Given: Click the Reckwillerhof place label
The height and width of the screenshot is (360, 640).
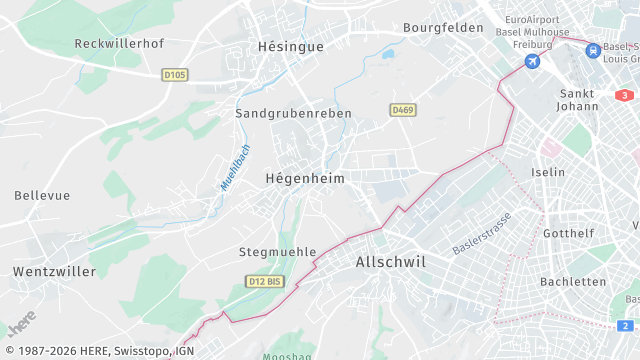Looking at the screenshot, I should point(119,44).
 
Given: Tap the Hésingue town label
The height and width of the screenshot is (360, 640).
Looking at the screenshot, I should point(290,47).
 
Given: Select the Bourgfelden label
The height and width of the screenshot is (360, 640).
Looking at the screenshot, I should point(443,28).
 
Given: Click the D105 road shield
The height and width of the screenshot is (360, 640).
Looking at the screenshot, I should point(174,74).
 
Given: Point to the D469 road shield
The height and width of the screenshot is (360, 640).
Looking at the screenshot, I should point(403,109).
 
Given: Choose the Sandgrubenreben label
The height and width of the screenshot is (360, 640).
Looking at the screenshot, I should point(293,114).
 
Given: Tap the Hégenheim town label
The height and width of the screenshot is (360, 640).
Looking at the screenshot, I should point(304,178).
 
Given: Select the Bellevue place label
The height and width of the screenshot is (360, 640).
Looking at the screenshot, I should point(42,194).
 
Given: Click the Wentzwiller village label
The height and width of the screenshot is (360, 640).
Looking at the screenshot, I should point(54,271).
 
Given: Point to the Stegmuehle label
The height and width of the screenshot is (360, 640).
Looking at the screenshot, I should point(277,252).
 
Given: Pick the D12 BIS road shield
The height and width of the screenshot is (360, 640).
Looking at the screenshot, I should point(264,282).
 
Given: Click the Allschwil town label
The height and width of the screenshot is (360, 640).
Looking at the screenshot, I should point(391,262).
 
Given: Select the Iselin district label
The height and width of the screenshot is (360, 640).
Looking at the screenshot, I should point(549,172).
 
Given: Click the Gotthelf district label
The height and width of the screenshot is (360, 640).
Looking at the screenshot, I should point(568,233).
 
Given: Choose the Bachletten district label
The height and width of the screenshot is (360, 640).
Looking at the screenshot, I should point(573,282).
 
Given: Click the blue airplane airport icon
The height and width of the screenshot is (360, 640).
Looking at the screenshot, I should point(532,62).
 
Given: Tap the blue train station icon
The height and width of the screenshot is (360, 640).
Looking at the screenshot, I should point(593,49).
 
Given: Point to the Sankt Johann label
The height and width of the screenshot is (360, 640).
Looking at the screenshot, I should point(575,100).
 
